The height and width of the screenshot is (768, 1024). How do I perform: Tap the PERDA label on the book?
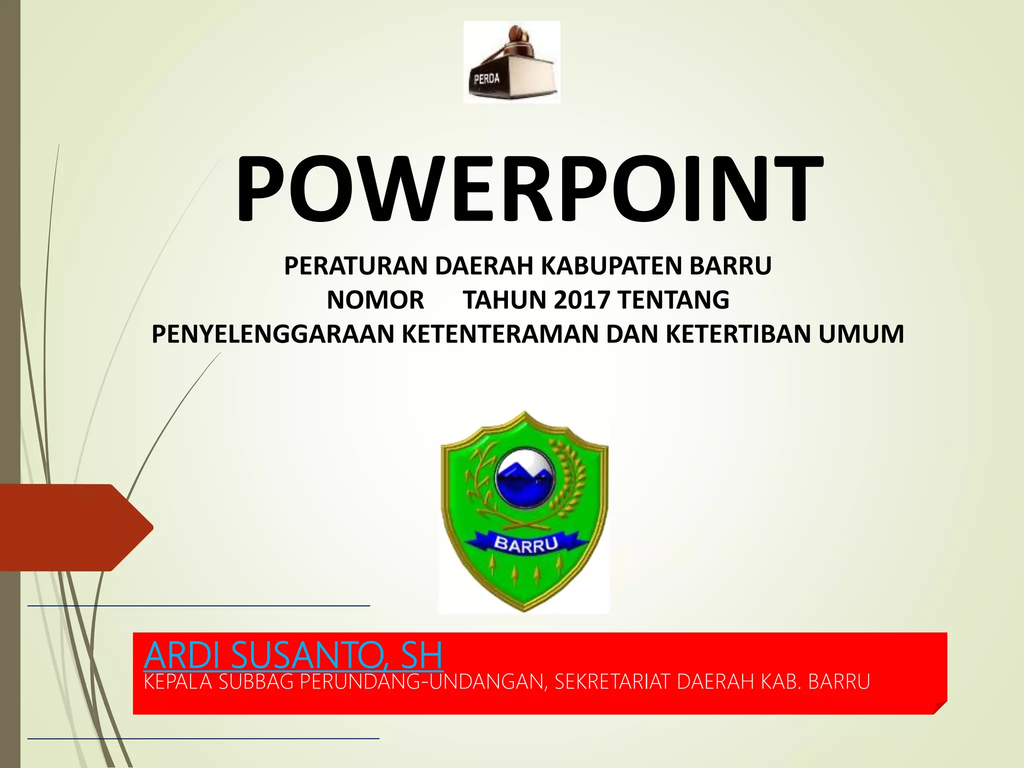(486, 78)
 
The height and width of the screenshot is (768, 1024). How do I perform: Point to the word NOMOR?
(375, 300)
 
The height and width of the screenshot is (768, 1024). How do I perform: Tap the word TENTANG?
(673, 300)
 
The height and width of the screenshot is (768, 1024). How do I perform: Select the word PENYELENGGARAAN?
(273, 334)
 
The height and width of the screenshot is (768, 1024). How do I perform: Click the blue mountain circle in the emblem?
(523, 478)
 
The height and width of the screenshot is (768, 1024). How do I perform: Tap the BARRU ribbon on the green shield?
(525, 544)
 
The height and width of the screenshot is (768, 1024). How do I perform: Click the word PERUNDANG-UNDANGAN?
(419, 682)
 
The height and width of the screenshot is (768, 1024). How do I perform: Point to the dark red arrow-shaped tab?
(75, 527)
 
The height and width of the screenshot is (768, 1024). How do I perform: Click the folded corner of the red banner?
(940, 707)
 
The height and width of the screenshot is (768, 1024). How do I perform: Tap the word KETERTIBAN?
(738, 334)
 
